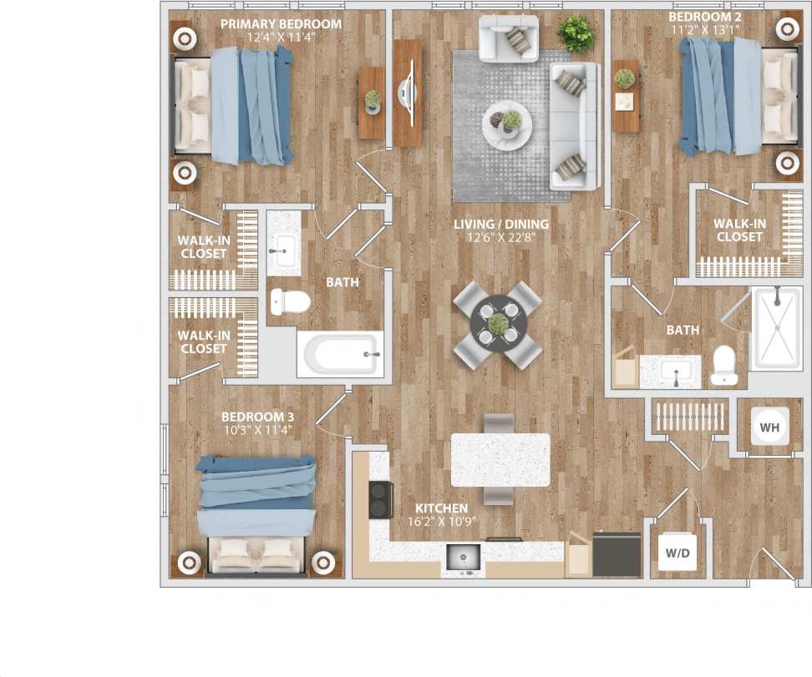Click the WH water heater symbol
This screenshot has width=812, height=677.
769,428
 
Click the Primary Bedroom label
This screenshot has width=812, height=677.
281,24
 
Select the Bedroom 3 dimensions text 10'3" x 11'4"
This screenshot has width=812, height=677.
257,431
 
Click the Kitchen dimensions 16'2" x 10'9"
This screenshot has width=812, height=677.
438,522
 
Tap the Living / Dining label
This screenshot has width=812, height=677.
501,224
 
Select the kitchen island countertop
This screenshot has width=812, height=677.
500,460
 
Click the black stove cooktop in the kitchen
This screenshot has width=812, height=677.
381,500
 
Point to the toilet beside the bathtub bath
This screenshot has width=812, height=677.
288,301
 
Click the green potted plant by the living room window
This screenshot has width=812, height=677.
576,34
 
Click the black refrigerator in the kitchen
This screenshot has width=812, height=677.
617,553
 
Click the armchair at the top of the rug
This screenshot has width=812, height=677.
508,38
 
